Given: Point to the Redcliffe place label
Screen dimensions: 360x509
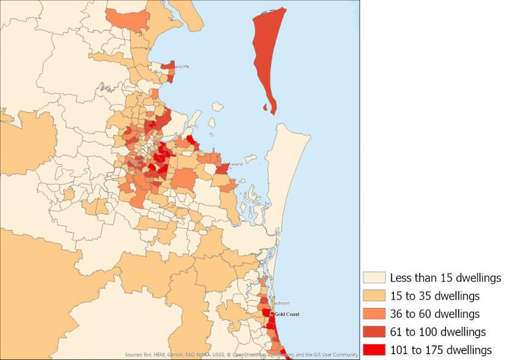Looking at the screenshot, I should [182, 66].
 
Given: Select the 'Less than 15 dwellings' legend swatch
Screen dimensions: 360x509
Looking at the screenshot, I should [374, 278].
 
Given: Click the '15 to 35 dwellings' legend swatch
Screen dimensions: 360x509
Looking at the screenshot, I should [374, 296].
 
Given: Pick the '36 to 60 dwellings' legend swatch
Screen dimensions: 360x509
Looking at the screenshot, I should [374, 313].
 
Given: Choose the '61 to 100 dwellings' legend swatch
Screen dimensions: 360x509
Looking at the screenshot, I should [374, 332].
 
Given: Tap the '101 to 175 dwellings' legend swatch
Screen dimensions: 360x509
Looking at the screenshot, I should [374, 350].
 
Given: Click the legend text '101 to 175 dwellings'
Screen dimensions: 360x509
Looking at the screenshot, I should [440, 350].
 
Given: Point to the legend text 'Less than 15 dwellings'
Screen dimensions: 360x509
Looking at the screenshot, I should [445, 278].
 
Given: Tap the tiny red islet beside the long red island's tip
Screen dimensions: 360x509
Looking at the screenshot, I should [265, 108].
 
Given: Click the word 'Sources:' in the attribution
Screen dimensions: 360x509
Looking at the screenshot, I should [134, 354].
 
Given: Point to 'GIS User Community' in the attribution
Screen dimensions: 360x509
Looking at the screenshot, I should [337, 354].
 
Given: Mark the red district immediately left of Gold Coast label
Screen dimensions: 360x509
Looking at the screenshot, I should [266, 313].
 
